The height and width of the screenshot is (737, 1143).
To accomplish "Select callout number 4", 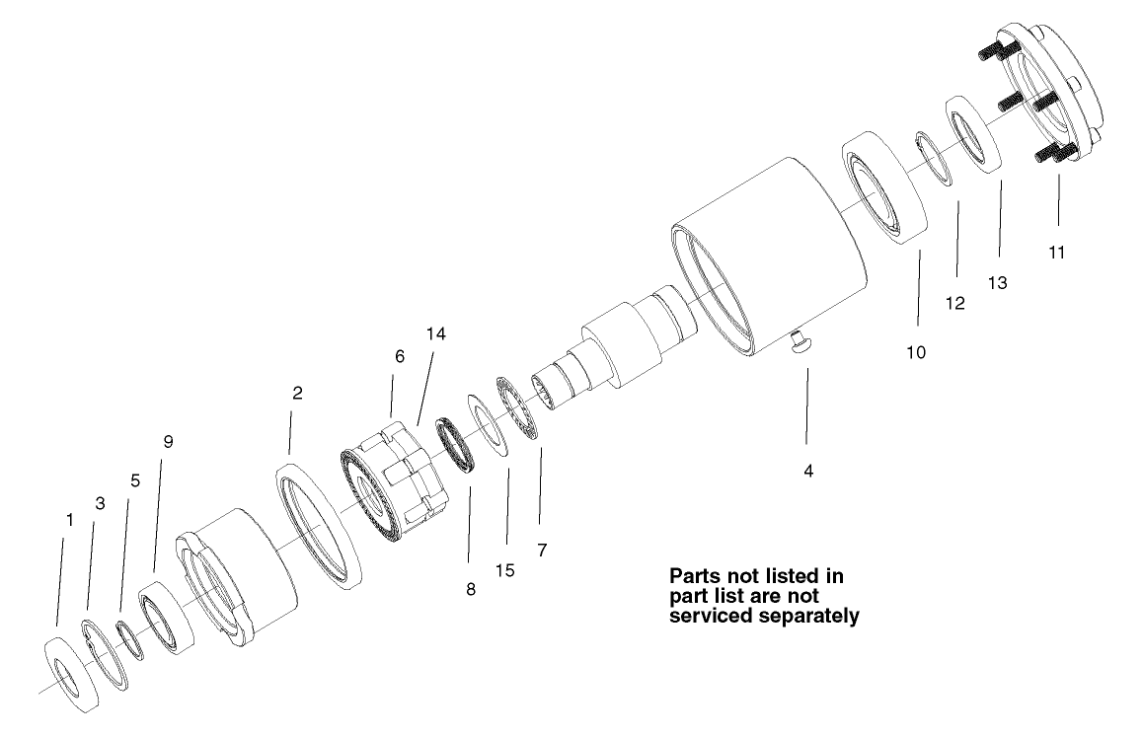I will pyautogui.click(x=808, y=472).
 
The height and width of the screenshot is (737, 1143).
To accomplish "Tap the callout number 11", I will pyautogui.click(x=1057, y=253).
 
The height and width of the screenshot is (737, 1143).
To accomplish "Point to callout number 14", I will pyautogui.click(x=436, y=334).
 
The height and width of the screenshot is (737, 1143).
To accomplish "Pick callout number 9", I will pyautogui.click(x=168, y=442).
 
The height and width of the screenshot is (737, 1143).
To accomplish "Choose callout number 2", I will pyautogui.click(x=297, y=392).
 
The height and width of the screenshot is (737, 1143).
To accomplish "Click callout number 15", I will pyautogui.click(x=505, y=570).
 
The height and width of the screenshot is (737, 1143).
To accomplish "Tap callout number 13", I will pyautogui.click(x=998, y=283).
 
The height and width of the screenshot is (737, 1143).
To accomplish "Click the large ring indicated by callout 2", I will pyautogui.click(x=317, y=532).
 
